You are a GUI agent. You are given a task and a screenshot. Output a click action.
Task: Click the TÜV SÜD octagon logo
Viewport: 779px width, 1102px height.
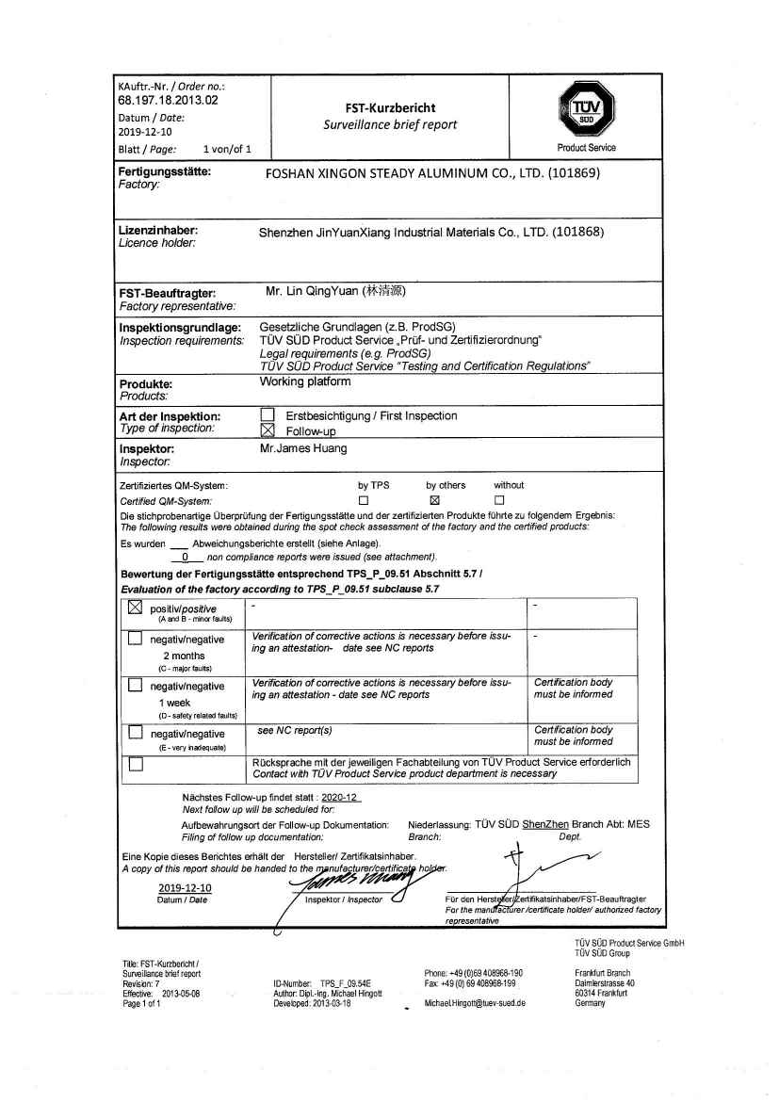tap(585, 114)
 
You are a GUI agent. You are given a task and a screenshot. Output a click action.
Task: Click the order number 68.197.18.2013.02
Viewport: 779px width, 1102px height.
tap(169, 99)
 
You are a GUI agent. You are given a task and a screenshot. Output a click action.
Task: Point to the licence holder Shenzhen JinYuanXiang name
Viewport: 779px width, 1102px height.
tap(431, 232)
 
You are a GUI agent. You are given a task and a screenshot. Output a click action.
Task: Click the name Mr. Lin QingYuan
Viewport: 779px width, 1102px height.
tap(335, 291)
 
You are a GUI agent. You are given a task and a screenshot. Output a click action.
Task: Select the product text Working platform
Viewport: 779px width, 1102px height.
tap(304, 381)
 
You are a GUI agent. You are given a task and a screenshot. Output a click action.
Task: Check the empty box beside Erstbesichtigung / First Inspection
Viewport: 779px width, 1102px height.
tap(268, 415)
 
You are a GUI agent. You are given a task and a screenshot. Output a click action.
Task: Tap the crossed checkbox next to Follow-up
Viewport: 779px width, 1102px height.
tap(268, 430)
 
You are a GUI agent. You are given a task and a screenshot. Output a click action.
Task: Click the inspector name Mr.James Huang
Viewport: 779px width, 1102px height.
tap(302, 448)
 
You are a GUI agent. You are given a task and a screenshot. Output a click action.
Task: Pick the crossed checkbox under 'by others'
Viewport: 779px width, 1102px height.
tap(434, 500)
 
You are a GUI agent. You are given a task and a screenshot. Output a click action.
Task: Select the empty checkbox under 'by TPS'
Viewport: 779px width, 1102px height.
tap(364, 500)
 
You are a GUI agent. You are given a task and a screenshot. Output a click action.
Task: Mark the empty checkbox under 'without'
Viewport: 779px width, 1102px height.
tap(500, 500)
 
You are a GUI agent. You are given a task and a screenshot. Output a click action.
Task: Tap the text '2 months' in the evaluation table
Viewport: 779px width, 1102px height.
tap(184, 656)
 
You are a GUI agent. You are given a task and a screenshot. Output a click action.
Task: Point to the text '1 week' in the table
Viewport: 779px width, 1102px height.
tap(174, 703)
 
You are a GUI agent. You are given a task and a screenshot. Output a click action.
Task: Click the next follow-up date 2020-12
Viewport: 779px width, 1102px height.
tap(340, 797)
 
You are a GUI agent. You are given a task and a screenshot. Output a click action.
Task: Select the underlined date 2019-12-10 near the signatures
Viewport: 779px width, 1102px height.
tap(185, 887)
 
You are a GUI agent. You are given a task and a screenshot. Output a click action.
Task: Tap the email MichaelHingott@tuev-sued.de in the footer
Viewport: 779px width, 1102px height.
tap(475, 1003)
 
